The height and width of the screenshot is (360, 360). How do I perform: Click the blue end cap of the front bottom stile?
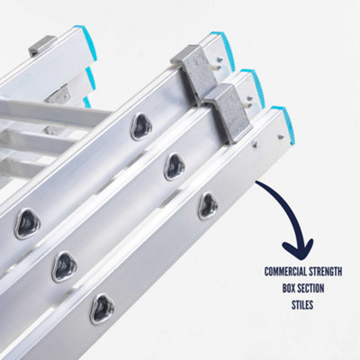tap(281, 121)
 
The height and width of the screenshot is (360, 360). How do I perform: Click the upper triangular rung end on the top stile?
tap(142, 127)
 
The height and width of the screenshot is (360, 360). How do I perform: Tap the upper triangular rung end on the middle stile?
tap(175, 166)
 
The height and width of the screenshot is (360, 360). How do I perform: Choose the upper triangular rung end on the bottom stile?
tap(208, 205)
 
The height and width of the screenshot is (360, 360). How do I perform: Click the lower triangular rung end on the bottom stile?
tap(102, 309)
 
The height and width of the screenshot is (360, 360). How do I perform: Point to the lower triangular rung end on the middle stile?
tap(65, 265)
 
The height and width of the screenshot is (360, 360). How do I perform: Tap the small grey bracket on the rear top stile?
tap(41, 46)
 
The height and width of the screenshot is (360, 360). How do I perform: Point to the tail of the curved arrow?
tap(259, 185)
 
